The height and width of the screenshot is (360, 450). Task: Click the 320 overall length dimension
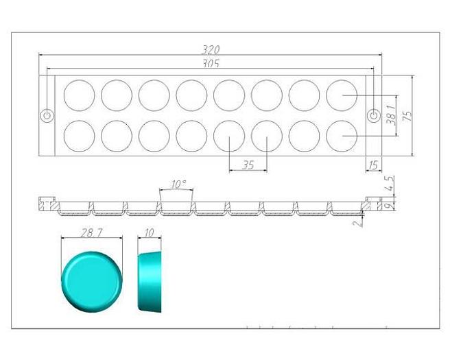click(210, 49)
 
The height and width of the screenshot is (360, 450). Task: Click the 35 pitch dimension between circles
click(248, 165)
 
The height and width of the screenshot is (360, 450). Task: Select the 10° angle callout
click(178, 184)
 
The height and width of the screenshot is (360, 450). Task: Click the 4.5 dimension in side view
click(390, 184)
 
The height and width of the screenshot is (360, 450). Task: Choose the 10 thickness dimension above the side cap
click(150, 233)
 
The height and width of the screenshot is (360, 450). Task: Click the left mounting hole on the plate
click(47, 115)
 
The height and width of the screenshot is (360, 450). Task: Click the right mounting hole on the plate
click(374, 115)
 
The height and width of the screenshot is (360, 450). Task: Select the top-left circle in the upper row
click(79, 95)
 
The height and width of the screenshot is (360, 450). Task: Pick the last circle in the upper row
click(341, 95)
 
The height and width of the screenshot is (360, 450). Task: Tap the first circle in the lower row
click(79, 136)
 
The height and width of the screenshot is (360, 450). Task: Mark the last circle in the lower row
click(341, 136)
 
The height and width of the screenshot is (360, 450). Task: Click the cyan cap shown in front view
click(91, 280)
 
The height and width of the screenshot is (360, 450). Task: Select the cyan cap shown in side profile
click(150, 282)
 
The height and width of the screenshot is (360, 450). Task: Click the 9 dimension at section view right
click(389, 204)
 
